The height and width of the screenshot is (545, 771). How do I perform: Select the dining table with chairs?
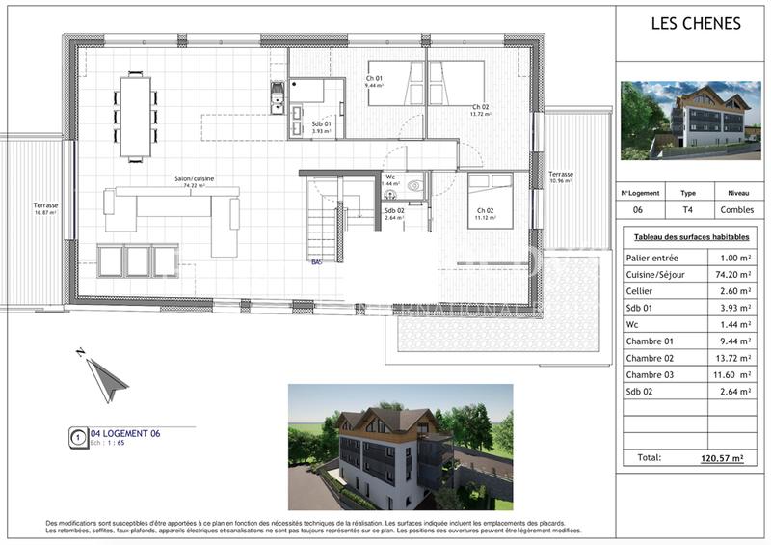(x=137, y=116)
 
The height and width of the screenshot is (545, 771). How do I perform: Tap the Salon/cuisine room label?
(x=195, y=179)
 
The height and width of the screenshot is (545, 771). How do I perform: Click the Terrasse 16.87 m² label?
(x=45, y=207)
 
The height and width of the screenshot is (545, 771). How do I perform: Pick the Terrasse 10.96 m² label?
(x=561, y=177)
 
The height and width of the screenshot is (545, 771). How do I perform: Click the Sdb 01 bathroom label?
(x=321, y=125)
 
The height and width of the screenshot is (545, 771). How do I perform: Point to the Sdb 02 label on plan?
(x=394, y=212)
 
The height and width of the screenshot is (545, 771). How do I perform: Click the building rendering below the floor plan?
(x=400, y=447)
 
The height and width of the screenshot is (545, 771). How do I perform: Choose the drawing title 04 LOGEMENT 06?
(x=125, y=434)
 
